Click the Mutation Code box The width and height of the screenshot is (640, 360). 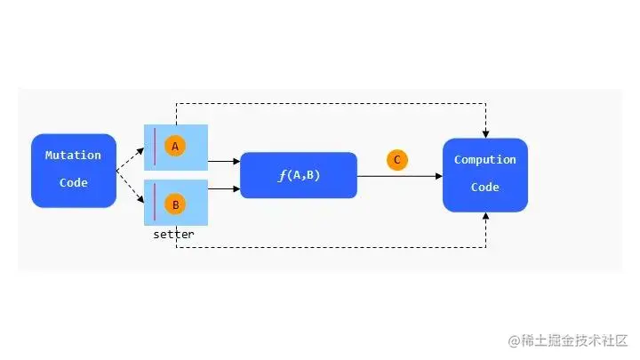pos(74,170)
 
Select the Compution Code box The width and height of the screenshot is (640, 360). pos(484,174)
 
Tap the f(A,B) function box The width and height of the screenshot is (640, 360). pos(298,175)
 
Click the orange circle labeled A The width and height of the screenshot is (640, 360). pos(175,146)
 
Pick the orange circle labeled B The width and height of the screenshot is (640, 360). pos(175,204)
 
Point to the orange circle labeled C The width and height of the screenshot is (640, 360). pos(397,160)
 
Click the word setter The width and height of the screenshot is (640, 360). pos(173,235)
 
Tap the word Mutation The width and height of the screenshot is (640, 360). pos(74,156)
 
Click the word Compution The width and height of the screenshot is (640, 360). pos(484,160)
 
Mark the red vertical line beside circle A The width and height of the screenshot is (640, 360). pos(155,147)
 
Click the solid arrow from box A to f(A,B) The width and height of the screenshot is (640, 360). pos(224,161)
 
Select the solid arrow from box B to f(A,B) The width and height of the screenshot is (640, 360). pos(224,188)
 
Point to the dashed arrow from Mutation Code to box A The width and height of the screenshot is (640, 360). pos(130,158)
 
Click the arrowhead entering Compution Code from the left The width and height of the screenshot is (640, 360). pos(437,176)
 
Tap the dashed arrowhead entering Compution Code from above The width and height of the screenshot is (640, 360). pos(485,133)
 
